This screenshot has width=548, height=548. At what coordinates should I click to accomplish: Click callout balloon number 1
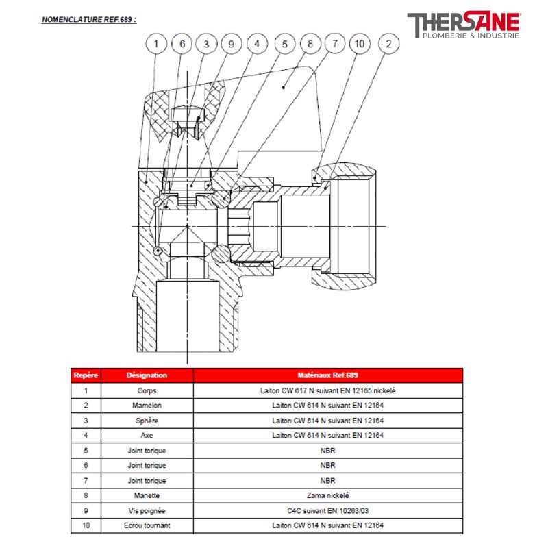point(156,44)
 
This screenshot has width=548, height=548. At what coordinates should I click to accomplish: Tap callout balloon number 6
point(182,44)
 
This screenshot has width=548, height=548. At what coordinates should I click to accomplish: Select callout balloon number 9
point(231,44)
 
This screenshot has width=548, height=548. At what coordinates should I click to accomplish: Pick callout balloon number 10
point(359,44)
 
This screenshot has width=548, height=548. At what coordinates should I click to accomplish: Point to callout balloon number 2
point(388,44)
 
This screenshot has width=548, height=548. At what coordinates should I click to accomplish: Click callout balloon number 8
point(310,44)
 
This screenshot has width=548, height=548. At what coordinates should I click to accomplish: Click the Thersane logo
point(464,25)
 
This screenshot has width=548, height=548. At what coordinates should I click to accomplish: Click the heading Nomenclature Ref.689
point(89,20)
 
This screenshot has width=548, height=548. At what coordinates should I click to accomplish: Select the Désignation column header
point(147,375)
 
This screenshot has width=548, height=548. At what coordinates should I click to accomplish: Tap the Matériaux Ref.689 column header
point(328,375)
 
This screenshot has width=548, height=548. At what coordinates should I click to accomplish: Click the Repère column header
point(86,375)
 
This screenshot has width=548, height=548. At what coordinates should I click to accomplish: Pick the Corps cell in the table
point(147,390)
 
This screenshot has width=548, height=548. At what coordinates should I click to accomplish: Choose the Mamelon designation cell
point(147,406)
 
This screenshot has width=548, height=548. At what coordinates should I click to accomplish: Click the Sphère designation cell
point(147,421)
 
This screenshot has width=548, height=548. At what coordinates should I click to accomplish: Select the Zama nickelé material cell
point(328,495)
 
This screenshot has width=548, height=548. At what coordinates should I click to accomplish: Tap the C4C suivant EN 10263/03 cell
point(328,510)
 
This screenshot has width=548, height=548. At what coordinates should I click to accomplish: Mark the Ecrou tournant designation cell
point(147,525)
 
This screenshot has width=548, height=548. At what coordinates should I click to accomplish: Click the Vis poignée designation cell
point(147,510)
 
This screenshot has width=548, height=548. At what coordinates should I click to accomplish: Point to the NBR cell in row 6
point(328,465)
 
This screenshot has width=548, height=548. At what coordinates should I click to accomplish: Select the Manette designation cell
point(147,495)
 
